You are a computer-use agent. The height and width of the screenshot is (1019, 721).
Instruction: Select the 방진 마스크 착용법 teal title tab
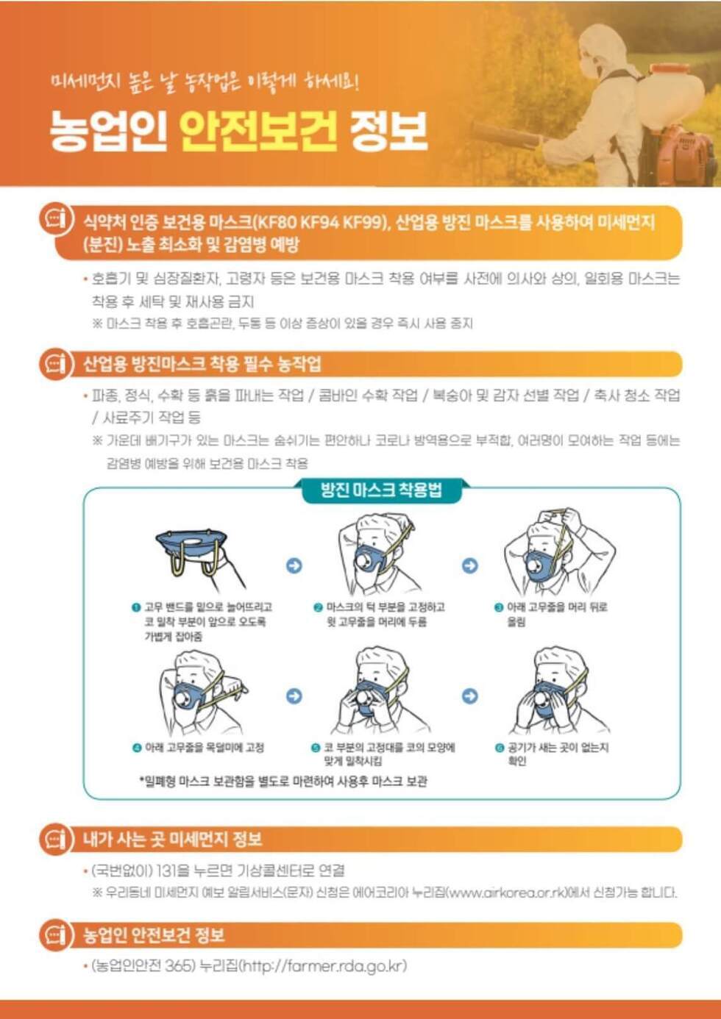(381, 490)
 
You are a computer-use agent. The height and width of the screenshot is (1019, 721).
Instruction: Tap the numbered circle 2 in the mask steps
(319, 608)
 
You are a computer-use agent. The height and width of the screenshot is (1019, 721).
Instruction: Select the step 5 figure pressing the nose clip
(378, 694)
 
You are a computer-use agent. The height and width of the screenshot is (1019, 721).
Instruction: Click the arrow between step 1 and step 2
(294, 565)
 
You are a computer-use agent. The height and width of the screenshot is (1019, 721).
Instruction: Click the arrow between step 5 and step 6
(469, 696)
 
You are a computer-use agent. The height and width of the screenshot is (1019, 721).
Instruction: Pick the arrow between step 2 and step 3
(469, 565)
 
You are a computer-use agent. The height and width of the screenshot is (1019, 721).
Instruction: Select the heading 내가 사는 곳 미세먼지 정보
(173, 839)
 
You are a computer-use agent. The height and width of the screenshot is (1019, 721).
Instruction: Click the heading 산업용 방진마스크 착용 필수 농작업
(202, 364)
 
